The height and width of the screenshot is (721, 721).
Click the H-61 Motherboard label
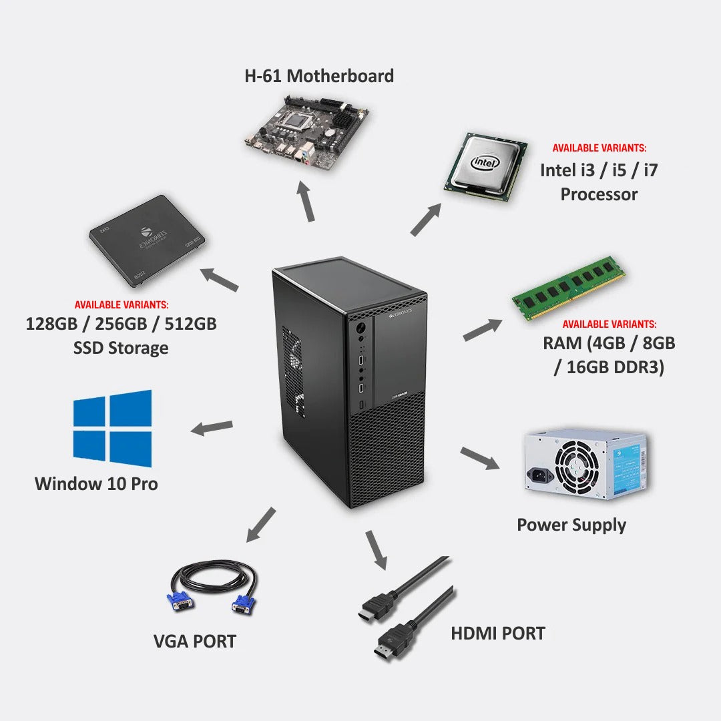point(319,76)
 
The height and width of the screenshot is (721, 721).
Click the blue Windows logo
point(112,429)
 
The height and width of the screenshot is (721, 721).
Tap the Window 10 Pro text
point(96,484)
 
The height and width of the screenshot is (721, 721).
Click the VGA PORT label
point(195,642)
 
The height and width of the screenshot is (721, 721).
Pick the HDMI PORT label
point(498,633)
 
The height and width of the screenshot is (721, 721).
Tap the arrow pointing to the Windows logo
point(212,428)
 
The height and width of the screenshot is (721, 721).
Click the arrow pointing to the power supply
point(479,459)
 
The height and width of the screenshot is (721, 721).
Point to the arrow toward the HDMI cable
point(376,549)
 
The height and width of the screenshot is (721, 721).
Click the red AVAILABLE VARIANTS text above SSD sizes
point(122,304)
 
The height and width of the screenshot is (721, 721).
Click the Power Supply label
point(571,525)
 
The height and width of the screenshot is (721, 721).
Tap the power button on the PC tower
point(360,328)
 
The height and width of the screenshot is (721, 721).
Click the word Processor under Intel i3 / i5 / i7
point(599,194)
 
